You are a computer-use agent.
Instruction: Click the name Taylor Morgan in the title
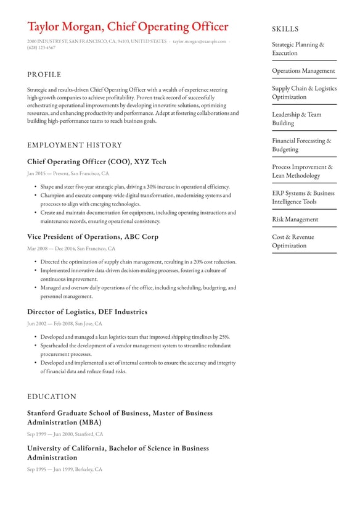tap(65, 27)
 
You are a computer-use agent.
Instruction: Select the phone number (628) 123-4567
tap(41, 48)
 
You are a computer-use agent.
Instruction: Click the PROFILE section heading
tap(44, 75)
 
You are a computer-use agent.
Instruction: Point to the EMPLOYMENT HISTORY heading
tap(75, 146)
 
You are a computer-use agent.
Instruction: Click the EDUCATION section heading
tap(52, 397)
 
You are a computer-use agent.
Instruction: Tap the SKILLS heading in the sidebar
tap(285, 29)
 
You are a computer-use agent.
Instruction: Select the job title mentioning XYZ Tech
tap(97, 162)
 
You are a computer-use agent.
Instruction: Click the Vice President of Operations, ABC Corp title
tap(92, 237)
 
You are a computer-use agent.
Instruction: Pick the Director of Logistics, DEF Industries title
tap(87, 312)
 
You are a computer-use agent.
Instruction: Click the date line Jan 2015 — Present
tap(68, 173)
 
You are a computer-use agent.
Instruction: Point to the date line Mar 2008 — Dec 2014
tap(71, 249)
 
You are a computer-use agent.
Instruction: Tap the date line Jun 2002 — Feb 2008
tap(65, 323)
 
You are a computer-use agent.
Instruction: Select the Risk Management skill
tap(295, 220)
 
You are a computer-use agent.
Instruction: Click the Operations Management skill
tap(304, 71)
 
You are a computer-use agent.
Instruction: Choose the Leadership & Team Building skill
tap(297, 118)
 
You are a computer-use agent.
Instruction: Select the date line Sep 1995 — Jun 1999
tap(65, 470)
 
